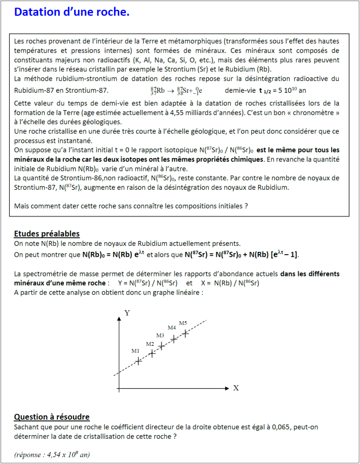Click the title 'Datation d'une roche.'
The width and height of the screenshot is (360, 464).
pos(71,12)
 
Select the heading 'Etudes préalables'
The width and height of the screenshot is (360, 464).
pos(46,233)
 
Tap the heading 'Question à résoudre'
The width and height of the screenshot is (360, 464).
pos(51,417)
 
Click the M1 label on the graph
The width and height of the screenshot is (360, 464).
pos(135,351)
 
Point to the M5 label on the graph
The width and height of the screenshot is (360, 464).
pos(183,323)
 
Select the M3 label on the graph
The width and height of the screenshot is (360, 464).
pos(160,335)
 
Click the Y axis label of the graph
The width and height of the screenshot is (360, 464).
pos(127,313)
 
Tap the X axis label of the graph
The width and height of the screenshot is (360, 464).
pos(236,388)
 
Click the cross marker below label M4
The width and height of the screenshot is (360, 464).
pos(173,339)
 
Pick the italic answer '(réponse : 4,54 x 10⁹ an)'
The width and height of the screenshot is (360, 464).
pos(52,454)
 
